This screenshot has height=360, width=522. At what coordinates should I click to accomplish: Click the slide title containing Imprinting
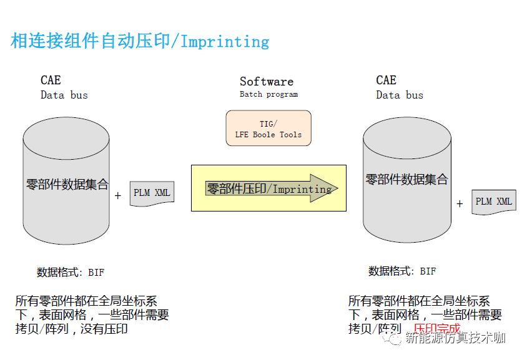point(140,42)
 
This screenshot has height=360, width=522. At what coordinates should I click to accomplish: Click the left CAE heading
point(51,80)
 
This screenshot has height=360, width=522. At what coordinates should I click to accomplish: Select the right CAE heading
point(386,80)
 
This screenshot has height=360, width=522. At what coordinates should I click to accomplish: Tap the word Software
point(266,82)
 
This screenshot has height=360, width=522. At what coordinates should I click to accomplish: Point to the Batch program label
point(268,95)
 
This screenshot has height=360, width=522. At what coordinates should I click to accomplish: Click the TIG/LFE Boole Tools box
point(268,129)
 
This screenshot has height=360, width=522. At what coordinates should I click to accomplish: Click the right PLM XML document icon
point(493,202)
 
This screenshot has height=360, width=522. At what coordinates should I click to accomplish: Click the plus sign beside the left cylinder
point(118,196)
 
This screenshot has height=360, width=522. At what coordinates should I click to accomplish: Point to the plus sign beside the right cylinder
point(460,203)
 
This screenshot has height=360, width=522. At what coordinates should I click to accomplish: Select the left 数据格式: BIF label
point(71,272)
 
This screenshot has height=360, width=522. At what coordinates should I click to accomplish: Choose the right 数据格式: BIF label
point(402,271)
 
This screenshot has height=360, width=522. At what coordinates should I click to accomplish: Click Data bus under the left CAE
point(64,95)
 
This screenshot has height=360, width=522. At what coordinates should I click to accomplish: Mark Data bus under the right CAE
point(400,95)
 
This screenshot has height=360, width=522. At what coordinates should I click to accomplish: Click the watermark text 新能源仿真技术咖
point(455,339)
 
